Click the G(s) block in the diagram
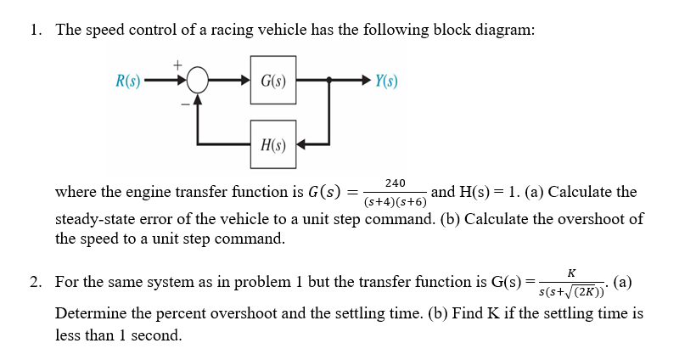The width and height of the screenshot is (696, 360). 272,82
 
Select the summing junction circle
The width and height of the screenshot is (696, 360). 196,82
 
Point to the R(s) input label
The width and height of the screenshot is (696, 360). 128,82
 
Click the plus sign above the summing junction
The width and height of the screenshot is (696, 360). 177,64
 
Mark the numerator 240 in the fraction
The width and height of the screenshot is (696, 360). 395,183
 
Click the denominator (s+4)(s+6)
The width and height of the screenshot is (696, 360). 395,202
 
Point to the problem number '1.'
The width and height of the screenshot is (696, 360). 35,30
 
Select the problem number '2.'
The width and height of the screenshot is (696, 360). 35,281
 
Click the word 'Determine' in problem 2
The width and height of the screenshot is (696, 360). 91,313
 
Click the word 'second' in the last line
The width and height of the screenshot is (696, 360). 155,335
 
